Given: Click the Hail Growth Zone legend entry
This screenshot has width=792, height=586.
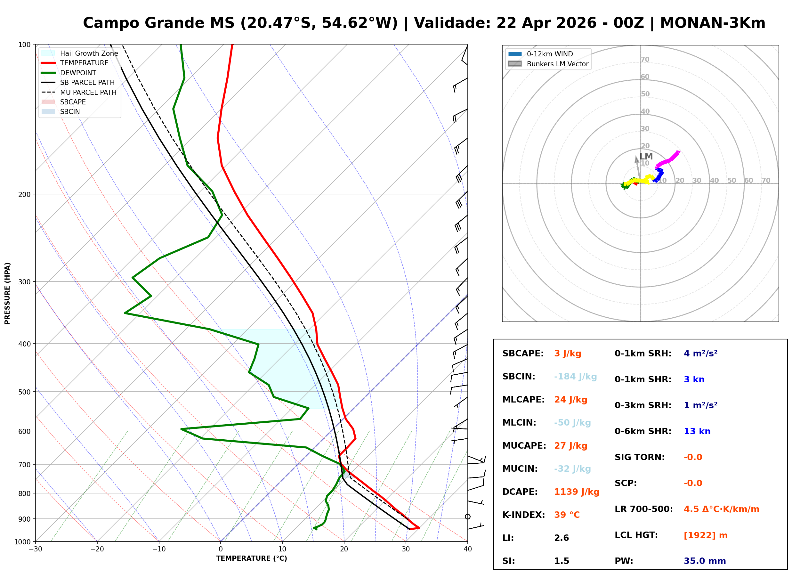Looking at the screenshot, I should pyautogui.click(x=89, y=53).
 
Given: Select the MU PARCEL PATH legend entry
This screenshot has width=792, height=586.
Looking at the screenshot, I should pyautogui.click(x=88, y=92).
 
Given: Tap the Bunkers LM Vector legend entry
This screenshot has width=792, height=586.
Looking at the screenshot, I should pyautogui.click(x=557, y=64).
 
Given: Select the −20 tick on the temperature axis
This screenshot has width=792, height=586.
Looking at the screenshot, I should pyautogui.click(x=97, y=549).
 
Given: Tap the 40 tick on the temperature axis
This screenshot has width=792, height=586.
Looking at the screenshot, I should pyautogui.click(x=467, y=549).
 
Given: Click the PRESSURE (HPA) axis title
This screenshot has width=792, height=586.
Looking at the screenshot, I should pyautogui.click(x=7, y=293).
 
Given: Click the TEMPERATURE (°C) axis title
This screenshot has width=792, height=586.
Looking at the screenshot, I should pyautogui.click(x=251, y=558).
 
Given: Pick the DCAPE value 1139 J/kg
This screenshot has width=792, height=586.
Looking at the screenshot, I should pyautogui.click(x=577, y=492).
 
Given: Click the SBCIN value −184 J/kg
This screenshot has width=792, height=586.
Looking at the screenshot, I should pyautogui.click(x=575, y=376).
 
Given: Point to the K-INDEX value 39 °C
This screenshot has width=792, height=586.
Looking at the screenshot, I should pyautogui.click(x=567, y=515).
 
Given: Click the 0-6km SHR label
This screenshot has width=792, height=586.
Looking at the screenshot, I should pyautogui.click(x=643, y=431).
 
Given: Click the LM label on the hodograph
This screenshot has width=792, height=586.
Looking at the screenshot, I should pyautogui.click(x=646, y=157).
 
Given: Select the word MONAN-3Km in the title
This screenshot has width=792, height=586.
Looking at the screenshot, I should pyautogui.click(x=713, y=23).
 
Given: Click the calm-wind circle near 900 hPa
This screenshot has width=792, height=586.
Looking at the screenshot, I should pyautogui.click(x=468, y=517).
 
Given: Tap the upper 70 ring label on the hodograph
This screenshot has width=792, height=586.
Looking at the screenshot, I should pyautogui.click(x=645, y=59).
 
